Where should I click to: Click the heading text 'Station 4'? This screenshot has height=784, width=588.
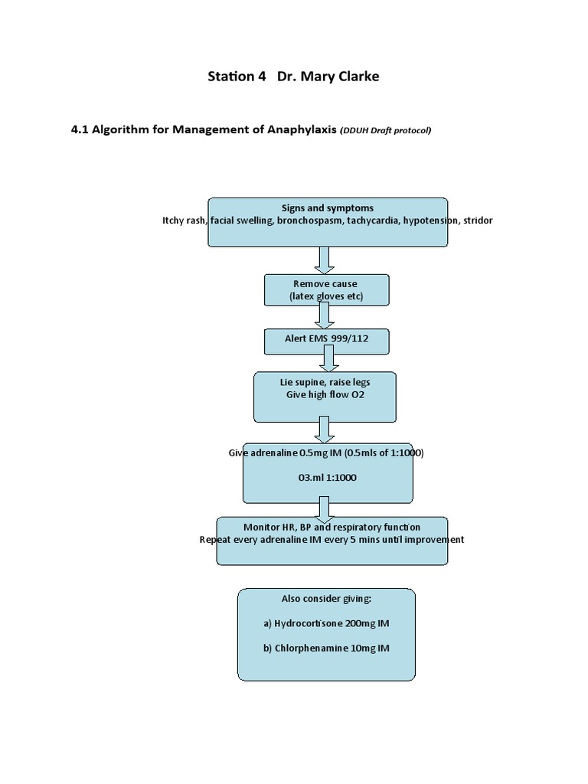click(x=232, y=77)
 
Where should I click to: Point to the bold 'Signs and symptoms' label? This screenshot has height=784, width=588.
click(x=327, y=207)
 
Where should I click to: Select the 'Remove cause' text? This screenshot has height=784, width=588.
click(x=326, y=283)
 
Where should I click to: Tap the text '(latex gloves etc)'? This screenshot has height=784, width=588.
click(x=326, y=296)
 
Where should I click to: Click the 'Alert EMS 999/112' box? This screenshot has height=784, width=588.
click(x=326, y=341)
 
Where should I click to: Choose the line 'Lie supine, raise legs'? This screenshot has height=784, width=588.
click(x=325, y=382)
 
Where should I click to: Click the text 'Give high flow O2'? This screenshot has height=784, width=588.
click(x=325, y=395)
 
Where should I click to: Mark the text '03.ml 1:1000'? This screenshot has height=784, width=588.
click(x=327, y=478)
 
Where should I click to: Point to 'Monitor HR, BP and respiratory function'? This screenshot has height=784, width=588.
click(x=332, y=527)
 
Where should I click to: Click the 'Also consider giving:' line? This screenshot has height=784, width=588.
click(x=326, y=599)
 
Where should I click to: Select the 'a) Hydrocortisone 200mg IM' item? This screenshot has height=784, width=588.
click(x=326, y=623)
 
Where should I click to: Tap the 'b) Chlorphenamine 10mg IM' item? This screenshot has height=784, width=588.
click(x=326, y=648)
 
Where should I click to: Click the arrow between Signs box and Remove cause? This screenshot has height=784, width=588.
click(x=325, y=260)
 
